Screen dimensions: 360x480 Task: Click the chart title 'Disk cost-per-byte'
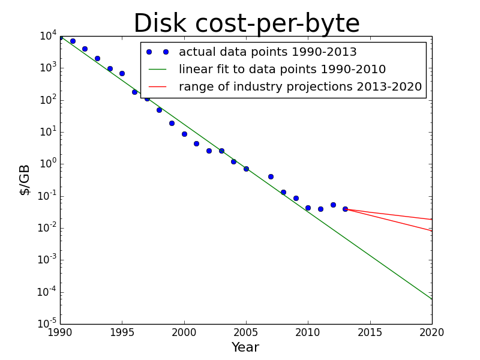[246, 24]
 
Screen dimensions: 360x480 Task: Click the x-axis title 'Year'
[245, 347]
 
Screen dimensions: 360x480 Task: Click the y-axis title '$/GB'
[25, 179]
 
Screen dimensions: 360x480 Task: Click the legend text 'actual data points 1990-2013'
[268, 52]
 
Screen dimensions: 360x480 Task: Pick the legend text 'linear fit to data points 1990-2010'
[282, 70]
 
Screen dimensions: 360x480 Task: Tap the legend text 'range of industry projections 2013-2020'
[300, 87]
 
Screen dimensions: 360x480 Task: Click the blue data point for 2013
[345, 209]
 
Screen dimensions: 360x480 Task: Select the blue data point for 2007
[271, 176]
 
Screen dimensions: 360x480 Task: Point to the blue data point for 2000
[184, 134]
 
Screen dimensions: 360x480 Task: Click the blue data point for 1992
[85, 49]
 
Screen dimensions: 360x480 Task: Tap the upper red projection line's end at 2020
[431, 219]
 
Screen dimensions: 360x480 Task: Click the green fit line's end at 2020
[431, 299]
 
